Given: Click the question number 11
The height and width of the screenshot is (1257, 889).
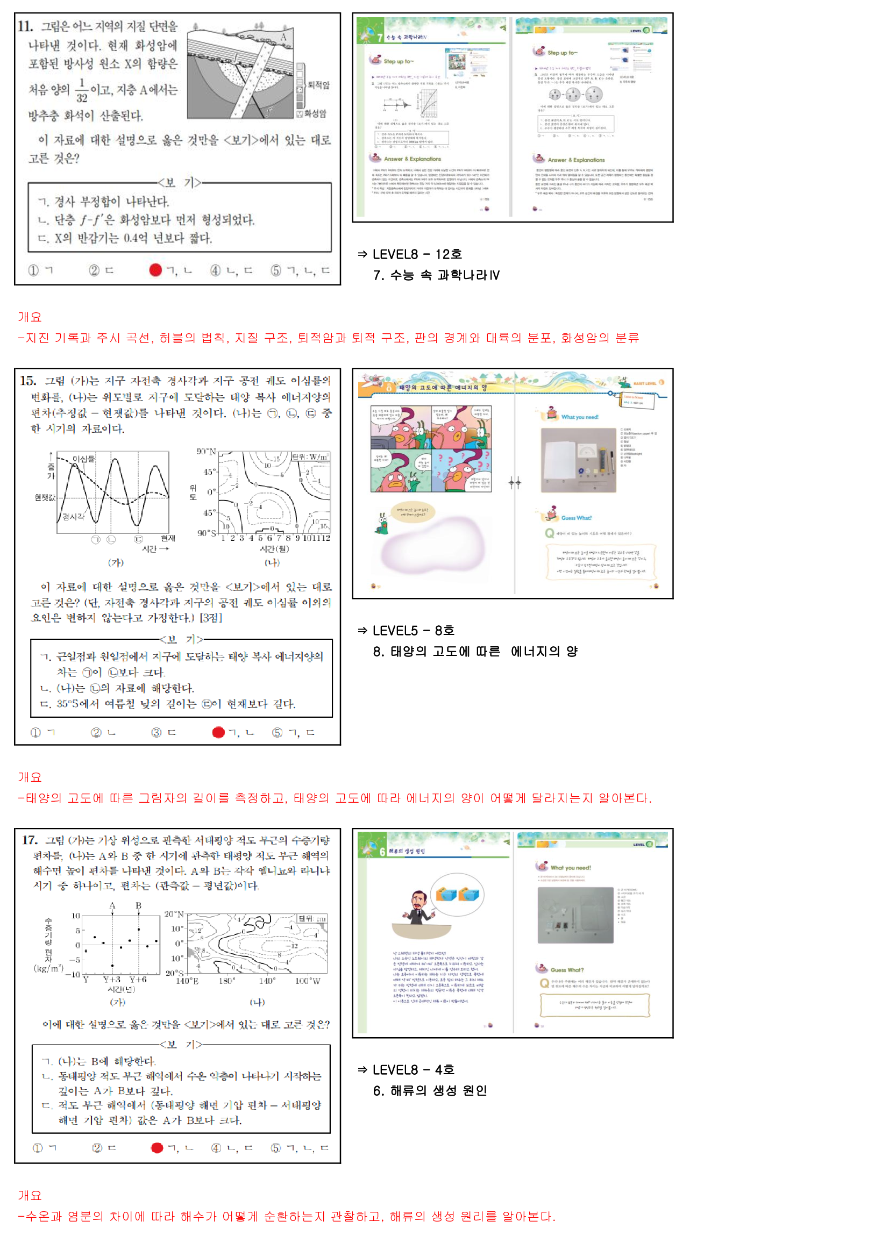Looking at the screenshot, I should tap(25, 26).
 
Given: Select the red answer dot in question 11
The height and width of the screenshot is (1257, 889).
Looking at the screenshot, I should tap(155, 269).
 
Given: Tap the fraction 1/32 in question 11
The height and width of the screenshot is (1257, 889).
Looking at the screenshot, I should tap(82, 90).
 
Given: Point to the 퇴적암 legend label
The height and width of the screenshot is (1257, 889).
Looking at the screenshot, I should tap(319, 85).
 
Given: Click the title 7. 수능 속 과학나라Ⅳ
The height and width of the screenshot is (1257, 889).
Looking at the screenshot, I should tap(436, 275).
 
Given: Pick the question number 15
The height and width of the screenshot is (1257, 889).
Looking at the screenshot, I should tap(28, 381).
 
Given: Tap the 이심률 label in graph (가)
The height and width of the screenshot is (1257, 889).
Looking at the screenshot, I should tap(83, 459).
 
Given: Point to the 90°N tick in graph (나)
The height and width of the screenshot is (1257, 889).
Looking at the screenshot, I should tap(206, 451).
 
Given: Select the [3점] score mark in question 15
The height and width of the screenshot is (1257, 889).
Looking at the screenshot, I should tap(211, 618).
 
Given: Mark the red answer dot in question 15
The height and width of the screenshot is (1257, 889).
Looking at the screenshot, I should tap(218, 732).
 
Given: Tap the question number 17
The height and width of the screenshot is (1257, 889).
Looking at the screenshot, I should tap(30, 840).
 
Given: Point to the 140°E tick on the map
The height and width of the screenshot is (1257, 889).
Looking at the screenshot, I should tap(187, 981).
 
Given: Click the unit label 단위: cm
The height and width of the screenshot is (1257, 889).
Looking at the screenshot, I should tap(312, 918).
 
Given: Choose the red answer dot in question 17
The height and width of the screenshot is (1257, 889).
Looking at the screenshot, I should tap(157, 1147).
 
